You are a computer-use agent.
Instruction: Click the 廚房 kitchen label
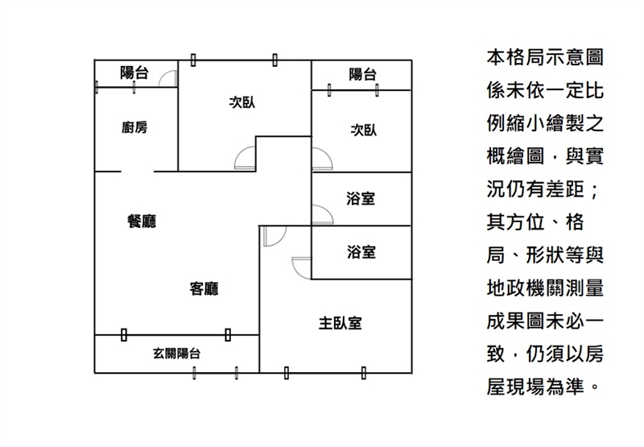coord(134,127)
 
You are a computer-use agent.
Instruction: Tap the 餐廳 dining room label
coord(142,221)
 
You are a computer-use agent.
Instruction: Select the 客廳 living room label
coord(204,288)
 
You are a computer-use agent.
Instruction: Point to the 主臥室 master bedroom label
coord(340,323)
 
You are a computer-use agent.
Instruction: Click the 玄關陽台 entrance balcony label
coord(176,353)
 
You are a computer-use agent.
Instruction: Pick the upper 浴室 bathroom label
coord(361,198)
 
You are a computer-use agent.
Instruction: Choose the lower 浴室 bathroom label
coord(361,252)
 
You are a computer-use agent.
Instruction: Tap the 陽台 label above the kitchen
coord(134,72)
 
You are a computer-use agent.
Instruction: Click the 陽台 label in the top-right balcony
coord(363,74)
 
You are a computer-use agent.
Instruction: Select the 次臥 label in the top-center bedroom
coord(242,102)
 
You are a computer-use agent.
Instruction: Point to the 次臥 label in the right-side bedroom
coord(364,130)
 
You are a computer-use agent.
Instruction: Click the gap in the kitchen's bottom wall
coord(137,172)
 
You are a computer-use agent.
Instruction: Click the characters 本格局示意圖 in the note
coord(545,57)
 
